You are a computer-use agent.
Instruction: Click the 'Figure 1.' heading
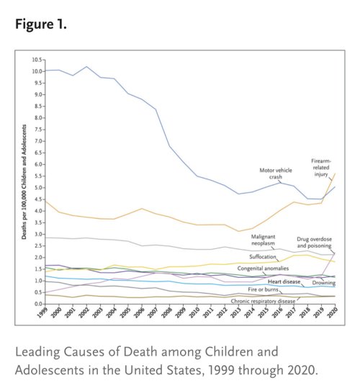click(x=41, y=24)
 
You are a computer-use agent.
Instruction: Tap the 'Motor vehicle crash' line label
click(x=276, y=173)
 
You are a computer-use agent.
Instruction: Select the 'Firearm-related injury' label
click(x=321, y=168)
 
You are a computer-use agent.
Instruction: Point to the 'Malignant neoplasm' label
click(x=263, y=240)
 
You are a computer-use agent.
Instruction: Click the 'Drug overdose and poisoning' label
click(x=314, y=243)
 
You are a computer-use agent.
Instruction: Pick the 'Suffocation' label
click(x=263, y=256)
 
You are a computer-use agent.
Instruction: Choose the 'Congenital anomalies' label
click(x=263, y=269)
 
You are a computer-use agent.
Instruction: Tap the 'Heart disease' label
click(x=284, y=281)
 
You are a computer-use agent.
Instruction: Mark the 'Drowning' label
click(x=323, y=283)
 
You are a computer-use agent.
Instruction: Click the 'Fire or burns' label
click(x=263, y=289)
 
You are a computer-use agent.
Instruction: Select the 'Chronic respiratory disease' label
click(x=263, y=301)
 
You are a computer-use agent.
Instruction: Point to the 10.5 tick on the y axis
click(x=37, y=60)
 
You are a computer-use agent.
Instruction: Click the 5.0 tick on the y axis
click(x=38, y=188)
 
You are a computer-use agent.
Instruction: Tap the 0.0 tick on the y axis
click(x=38, y=304)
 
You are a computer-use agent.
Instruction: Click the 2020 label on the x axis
click(x=333, y=312)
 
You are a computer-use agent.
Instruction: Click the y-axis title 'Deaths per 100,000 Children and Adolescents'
click(x=24, y=182)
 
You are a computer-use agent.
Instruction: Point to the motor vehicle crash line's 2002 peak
click(x=87, y=66)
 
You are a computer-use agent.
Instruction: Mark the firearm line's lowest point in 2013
click(x=238, y=231)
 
